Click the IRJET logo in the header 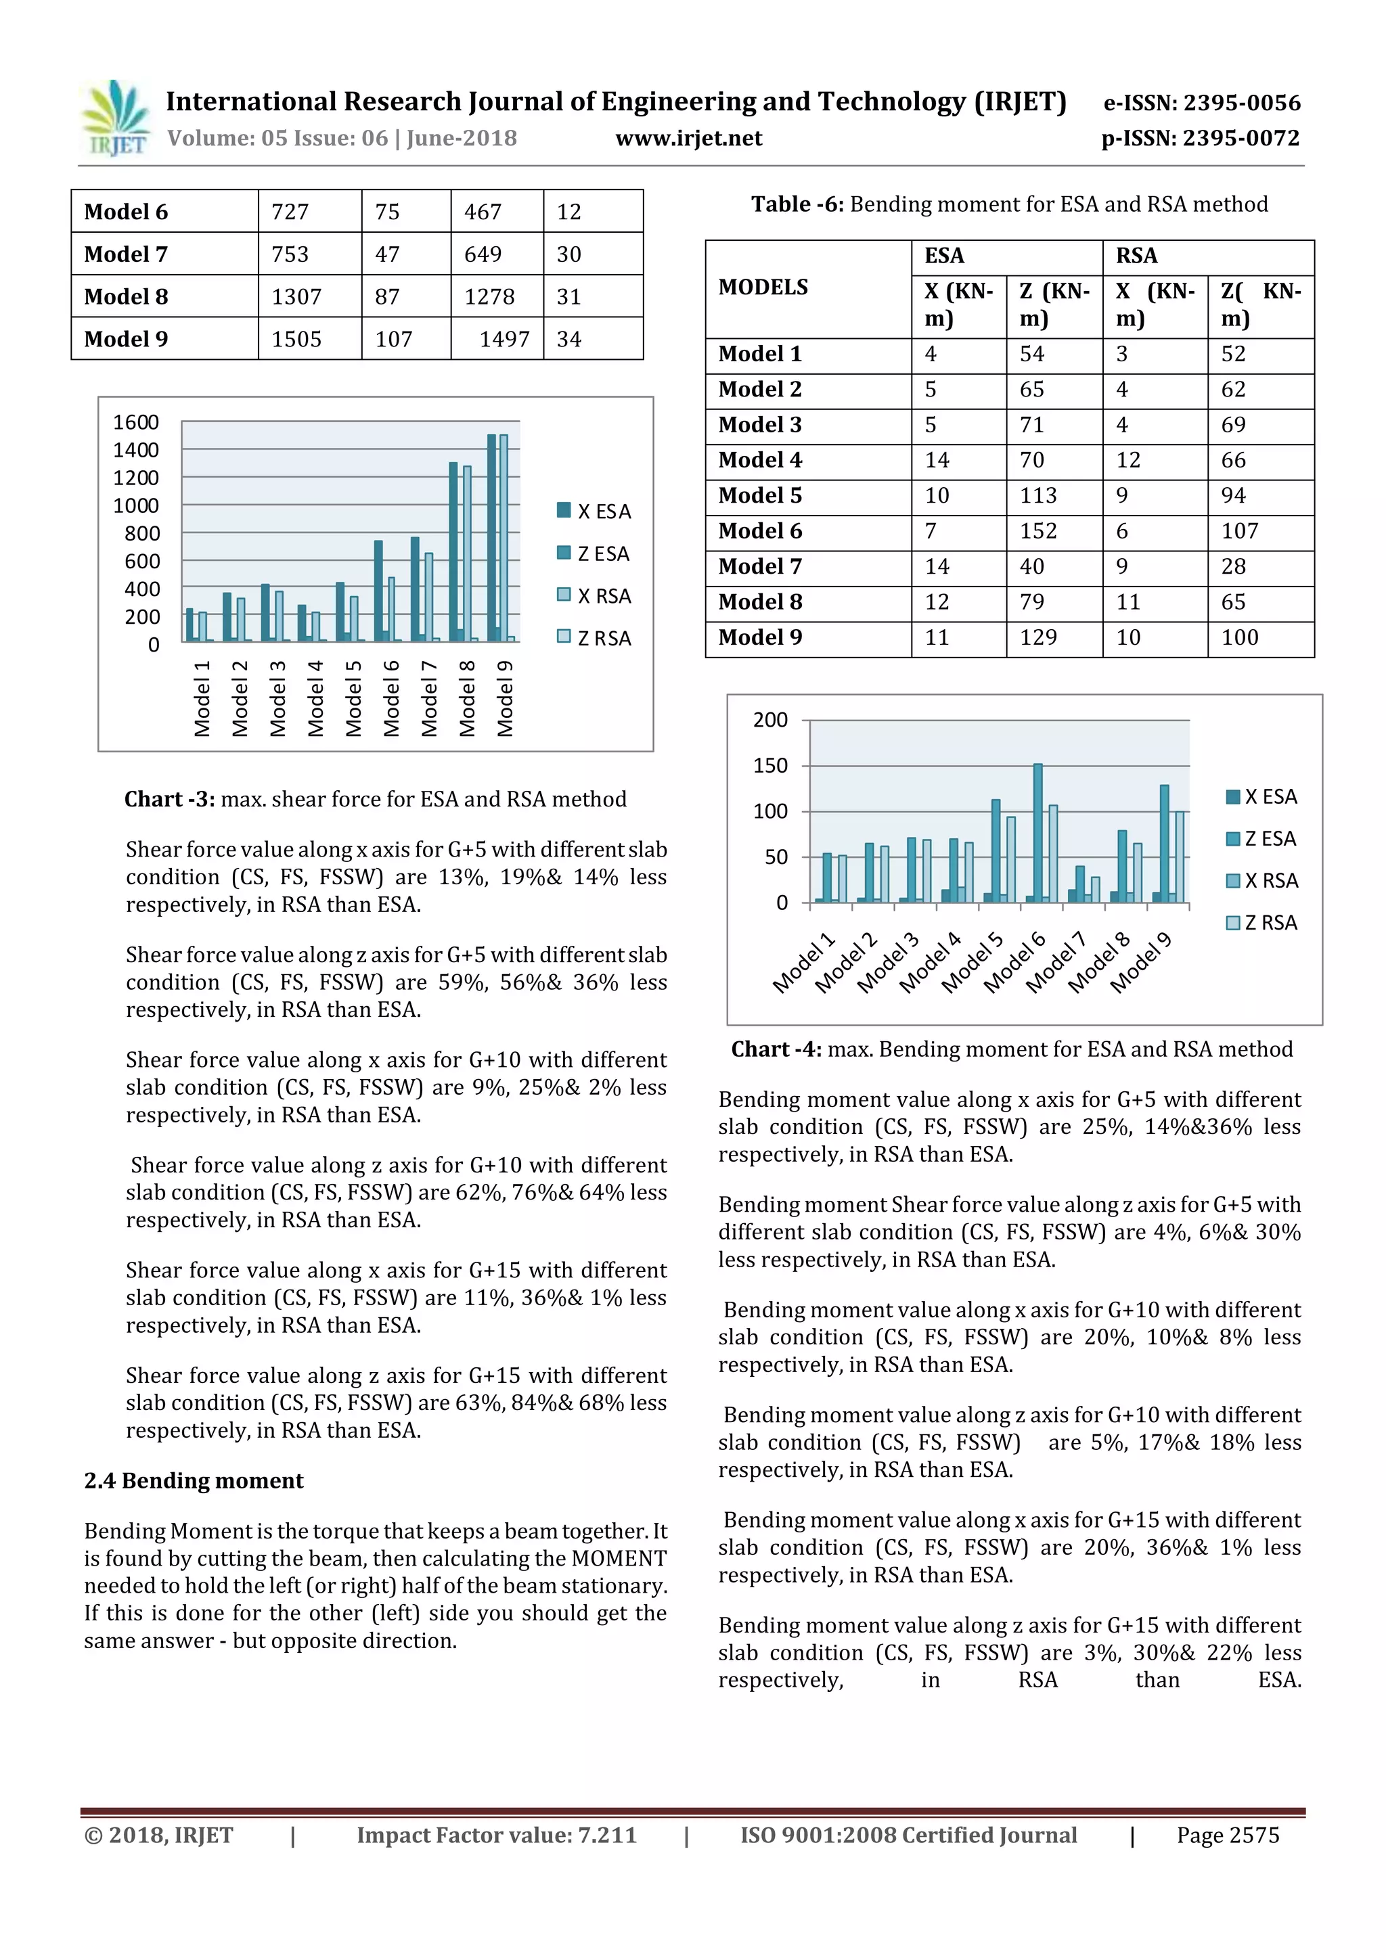click(x=115, y=118)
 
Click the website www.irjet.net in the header click(x=688, y=138)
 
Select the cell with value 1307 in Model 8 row click(x=296, y=296)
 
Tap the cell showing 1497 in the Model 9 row click(x=504, y=339)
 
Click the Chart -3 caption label click(x=171, y=799)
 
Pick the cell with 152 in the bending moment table click(x=1037, y=531)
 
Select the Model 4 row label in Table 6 click(x=760, y=460)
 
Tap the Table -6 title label click(x=797, y=204)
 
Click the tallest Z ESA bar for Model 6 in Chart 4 click(x=1037, y=832)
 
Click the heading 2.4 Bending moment click(x=193, y=1480)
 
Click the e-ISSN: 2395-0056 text click(x=1201, y=104)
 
